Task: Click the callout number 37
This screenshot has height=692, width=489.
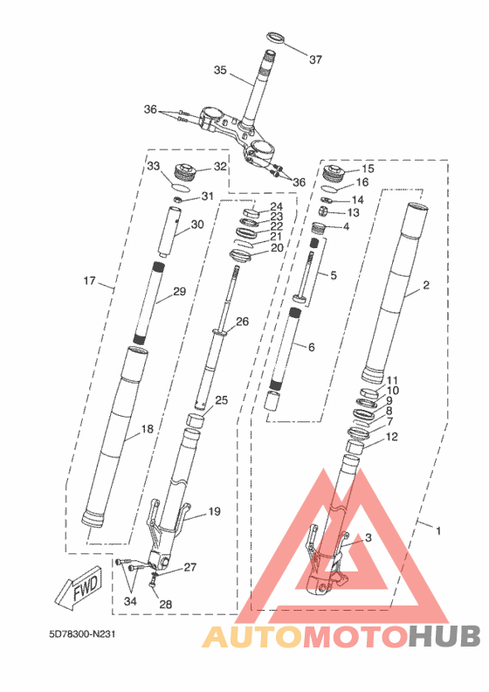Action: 315,59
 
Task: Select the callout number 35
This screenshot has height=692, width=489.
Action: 220,70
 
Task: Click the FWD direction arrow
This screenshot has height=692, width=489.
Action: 79,588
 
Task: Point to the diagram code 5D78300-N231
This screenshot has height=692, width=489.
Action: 82,634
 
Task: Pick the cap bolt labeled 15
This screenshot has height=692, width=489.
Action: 334,172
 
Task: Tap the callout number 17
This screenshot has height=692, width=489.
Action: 89,280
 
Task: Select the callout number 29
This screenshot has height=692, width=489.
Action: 180,291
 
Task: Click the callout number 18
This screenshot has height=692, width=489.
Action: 148,428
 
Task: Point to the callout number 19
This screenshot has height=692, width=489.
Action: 214,511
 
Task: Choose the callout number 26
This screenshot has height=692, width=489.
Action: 243,322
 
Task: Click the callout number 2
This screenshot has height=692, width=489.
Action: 426,285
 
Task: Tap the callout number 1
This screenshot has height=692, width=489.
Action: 438,530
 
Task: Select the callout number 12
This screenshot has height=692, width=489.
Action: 391,437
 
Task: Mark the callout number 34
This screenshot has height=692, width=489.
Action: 130,601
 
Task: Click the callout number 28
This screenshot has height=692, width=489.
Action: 165,604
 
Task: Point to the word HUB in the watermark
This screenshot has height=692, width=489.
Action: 444,637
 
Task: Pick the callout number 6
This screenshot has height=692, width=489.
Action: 312,348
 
